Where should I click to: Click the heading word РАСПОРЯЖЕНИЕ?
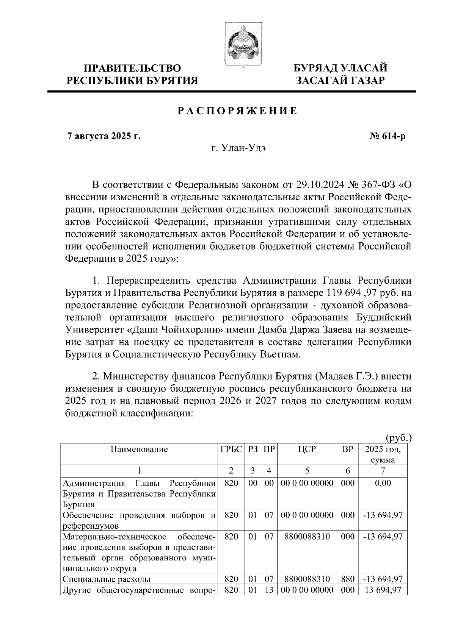click(x=238, y=111)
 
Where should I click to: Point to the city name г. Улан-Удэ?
click(x=238, y=148)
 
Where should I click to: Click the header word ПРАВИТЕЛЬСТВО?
click(x=132, y=69)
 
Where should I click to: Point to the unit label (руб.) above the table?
click(x=399, y=438)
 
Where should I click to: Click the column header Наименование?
click(x=139, y=449)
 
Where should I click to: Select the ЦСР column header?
click(x=307, y=449)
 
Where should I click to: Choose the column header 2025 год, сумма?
click(x=383, y=454)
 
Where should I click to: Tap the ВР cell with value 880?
click(x=348, y=590)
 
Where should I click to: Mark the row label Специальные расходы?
click(x=107, y=590)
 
